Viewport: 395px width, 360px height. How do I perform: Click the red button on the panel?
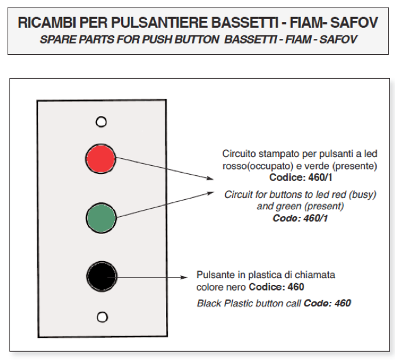coord(100,159)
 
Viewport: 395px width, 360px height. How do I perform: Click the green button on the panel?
coord(101,218)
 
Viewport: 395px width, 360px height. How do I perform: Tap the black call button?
coord(102,276)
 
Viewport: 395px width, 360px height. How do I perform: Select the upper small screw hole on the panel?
coord(101,122)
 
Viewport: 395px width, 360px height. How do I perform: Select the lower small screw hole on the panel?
coord(102,317)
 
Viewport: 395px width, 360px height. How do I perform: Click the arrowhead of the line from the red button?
coord(210,178)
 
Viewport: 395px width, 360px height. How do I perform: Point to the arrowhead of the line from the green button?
coord(211,194)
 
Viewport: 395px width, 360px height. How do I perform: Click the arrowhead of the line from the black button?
coord(184,277)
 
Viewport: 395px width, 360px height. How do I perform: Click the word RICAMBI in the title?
coord(47,23)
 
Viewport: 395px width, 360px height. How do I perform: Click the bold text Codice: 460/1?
coord(300,178)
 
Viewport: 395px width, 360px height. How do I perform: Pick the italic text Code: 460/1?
coord(300,218)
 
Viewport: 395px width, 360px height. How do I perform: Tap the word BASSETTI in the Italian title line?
coord(244,23)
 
